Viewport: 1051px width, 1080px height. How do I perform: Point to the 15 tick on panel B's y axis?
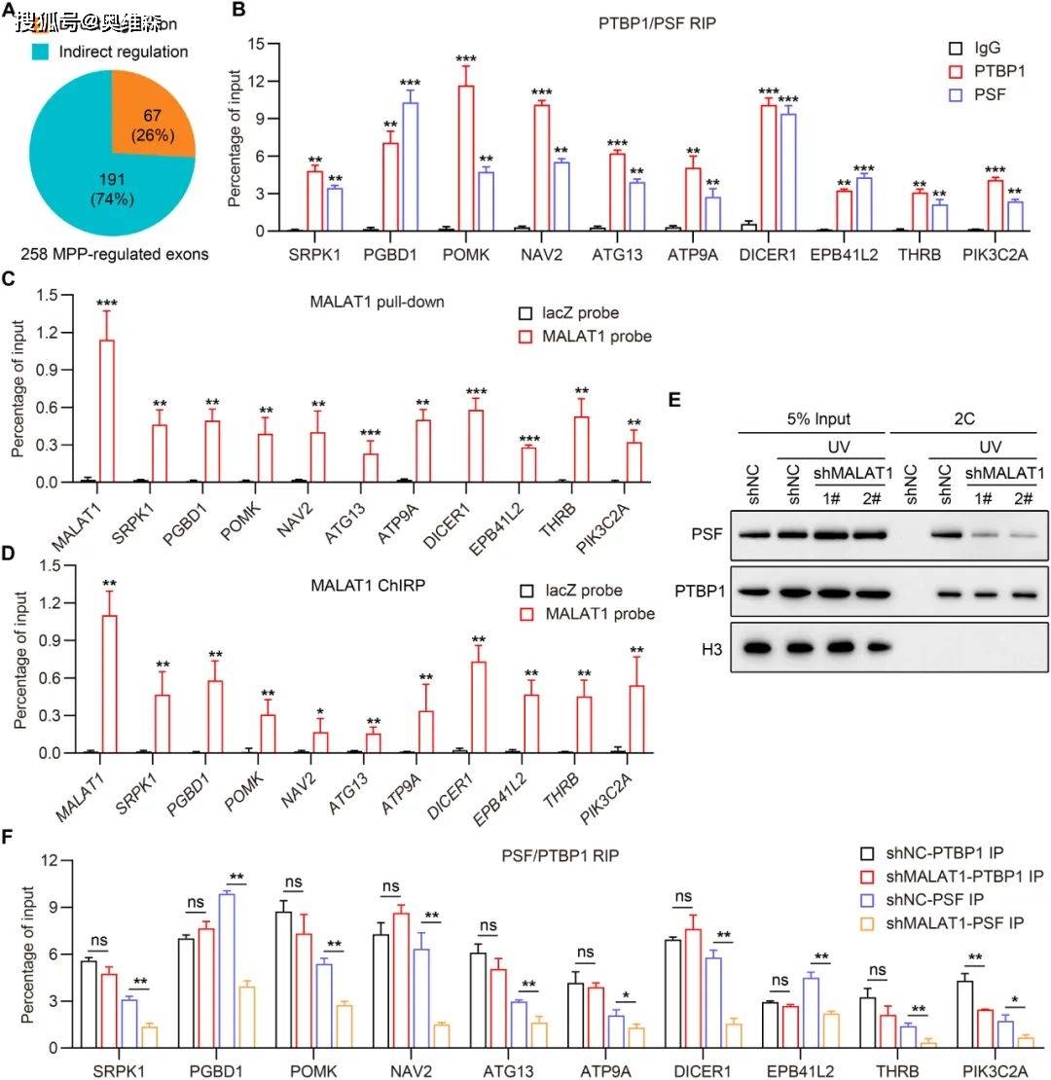click(257, 44)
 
